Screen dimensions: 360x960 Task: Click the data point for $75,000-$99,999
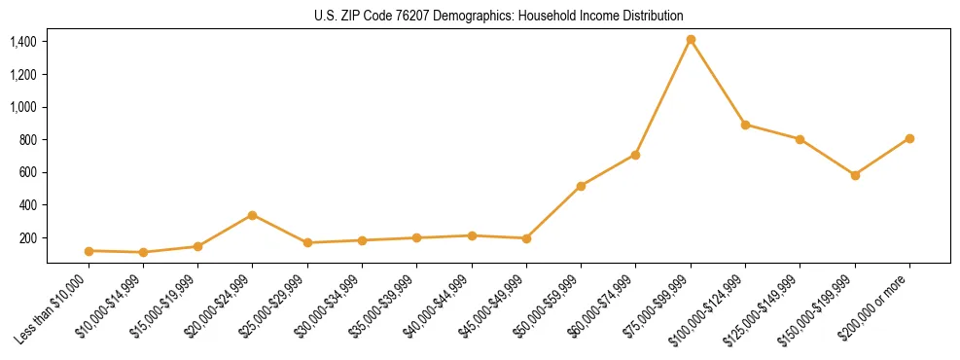691,40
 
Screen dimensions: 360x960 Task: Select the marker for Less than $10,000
89,251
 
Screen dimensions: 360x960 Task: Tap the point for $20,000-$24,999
253,215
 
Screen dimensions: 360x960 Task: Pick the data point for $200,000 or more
909,138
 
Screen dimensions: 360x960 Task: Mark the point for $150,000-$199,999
855,175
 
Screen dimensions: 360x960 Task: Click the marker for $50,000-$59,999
581,186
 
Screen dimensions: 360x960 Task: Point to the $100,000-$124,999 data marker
745,125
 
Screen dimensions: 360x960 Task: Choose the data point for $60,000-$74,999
635,155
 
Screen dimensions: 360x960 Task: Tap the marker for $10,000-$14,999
143,253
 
